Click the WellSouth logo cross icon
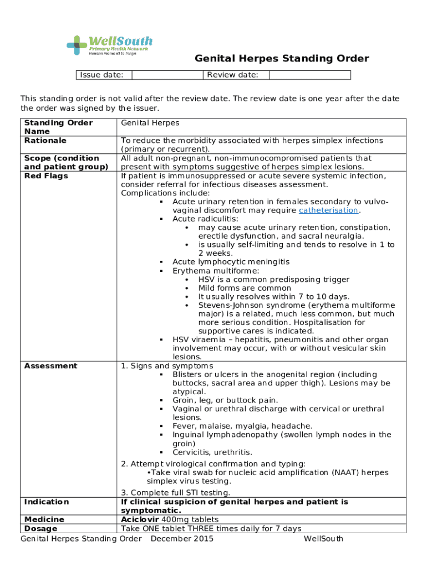pos(77,45)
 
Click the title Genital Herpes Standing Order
pos(281,59)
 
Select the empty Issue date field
pos(166,75)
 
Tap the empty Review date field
pos(309,75)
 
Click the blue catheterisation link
pos(328,210)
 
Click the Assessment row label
pos(50,366)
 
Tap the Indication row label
pos(47,502)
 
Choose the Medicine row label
pos(44,519)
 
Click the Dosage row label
pos(40,529)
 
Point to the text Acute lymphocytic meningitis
pos(231,262)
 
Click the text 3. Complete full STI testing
pos(175,493)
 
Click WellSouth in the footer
pos(323,539)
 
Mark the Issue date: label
pos(101,75)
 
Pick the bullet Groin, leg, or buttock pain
pos(225,400)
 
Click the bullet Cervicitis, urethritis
pos(212,452)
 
